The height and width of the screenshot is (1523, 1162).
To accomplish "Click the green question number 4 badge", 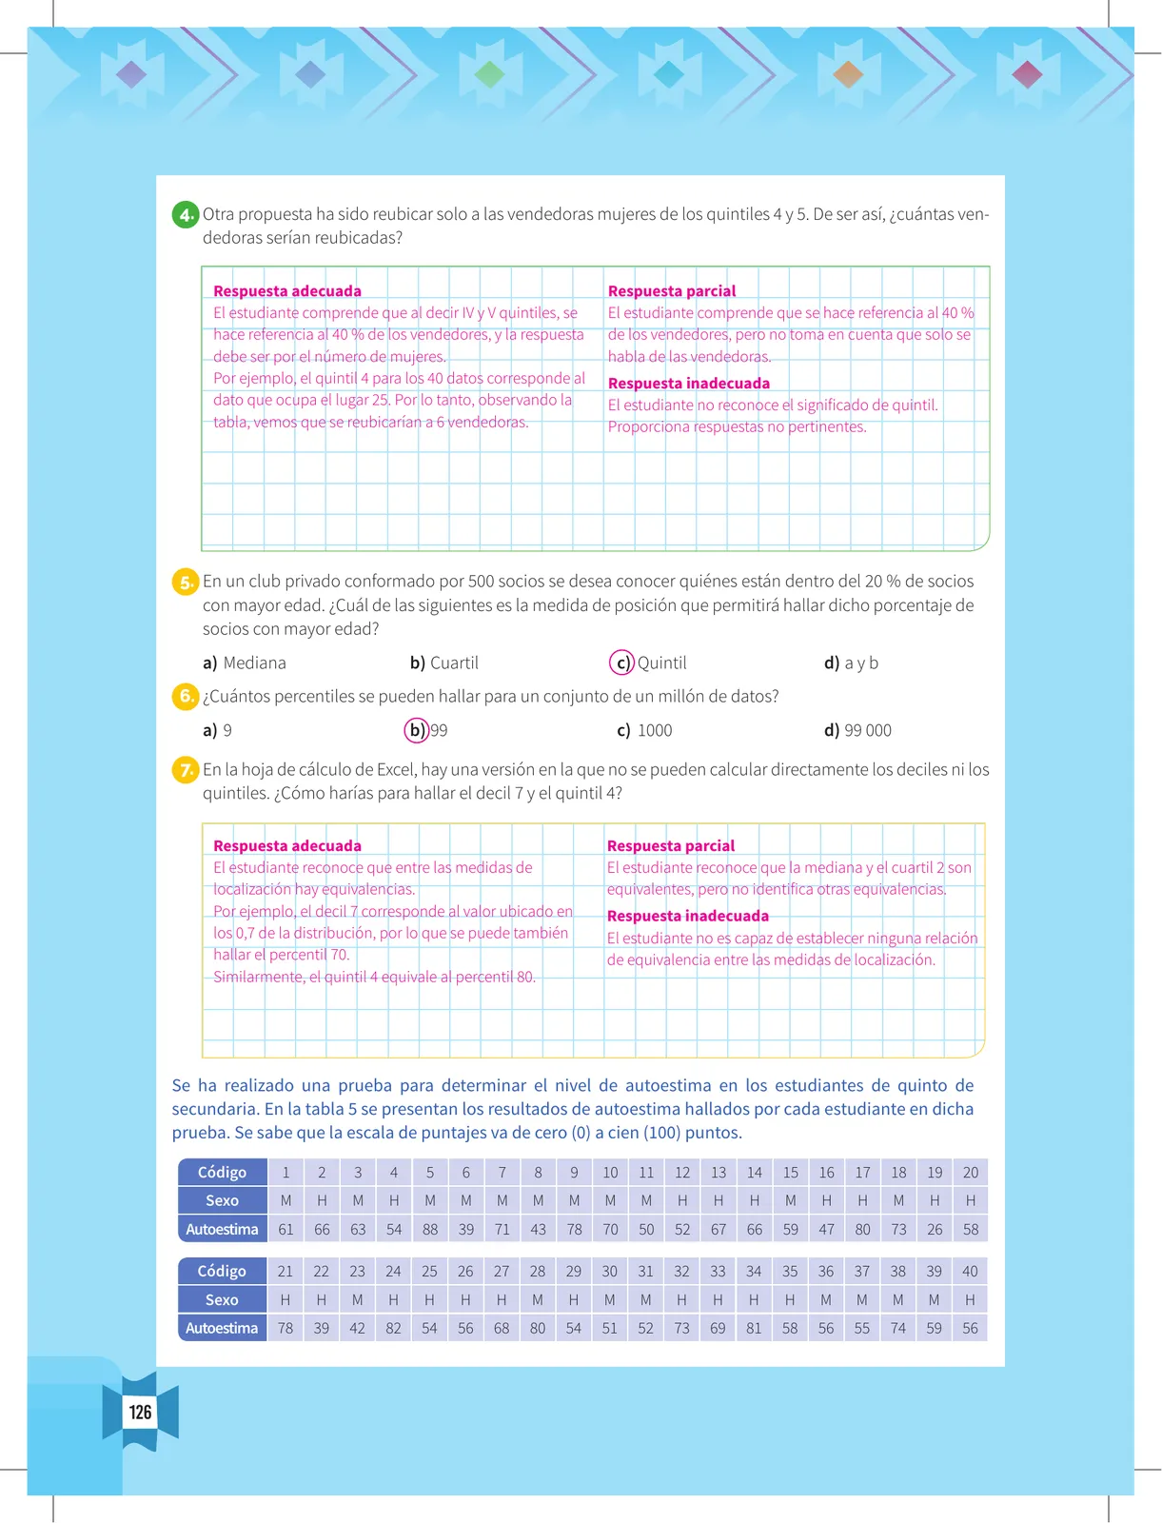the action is [186, 214].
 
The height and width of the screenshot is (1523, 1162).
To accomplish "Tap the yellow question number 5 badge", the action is [186, 582].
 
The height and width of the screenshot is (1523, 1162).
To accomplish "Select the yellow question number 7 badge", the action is [186, 769].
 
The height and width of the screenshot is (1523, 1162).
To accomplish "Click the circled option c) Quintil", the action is [648, 663].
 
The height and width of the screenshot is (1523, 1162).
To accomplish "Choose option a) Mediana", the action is [245, 663].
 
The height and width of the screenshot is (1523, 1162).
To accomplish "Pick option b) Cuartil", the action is [444, 663].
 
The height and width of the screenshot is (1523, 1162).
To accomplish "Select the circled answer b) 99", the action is [426, 730].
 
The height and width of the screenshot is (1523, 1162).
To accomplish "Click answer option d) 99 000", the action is [857, 730].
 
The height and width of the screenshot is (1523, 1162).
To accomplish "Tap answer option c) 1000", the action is [644, 730].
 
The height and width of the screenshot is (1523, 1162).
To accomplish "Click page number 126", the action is [140, 1412].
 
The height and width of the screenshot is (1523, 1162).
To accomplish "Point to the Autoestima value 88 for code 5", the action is [430, 1229].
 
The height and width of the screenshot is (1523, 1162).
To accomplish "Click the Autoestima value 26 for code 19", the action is [935, 1229].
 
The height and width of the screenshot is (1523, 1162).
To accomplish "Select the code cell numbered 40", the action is [970, 1271].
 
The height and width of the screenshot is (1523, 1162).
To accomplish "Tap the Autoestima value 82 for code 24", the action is [393, 1328].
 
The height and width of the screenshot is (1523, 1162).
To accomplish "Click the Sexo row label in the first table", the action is [222, 1200].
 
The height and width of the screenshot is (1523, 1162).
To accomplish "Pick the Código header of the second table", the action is [222, 1271].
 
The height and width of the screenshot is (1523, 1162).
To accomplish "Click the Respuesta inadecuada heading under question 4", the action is [689, 383].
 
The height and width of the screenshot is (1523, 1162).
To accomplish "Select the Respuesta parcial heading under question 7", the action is [671, 846].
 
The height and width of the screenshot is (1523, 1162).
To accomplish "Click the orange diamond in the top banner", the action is [848, 74].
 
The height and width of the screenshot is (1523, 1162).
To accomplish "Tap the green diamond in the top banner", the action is [490, 74].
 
